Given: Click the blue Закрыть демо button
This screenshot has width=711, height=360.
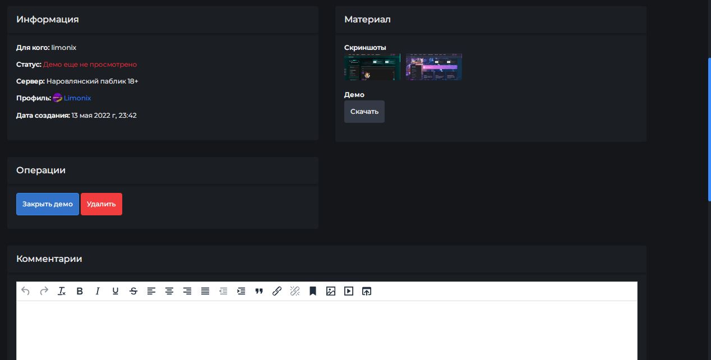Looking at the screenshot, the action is tap(48, 204).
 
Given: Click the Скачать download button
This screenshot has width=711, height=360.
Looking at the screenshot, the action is tap(364, 112).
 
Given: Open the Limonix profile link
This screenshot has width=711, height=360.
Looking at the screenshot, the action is tap(77, 98).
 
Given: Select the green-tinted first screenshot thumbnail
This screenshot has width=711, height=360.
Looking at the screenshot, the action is tap(372, 67).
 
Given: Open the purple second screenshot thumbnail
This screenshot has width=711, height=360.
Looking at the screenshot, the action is tap(434, 67).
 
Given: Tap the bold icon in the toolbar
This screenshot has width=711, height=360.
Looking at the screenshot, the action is tap(80, 291).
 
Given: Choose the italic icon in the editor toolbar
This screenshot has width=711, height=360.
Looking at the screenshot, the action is tap(98, 291).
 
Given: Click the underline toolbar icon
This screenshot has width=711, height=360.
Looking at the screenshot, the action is tap(116, 291).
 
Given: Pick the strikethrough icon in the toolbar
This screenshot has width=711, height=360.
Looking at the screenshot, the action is tap(133, 291).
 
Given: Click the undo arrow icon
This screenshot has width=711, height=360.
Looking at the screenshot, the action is tap(25, 291).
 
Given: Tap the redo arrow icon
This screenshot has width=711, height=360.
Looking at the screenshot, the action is tap(44, 291).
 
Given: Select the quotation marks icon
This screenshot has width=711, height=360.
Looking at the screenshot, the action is tap(259, 291).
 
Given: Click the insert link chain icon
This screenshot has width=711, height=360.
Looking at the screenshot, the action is tap(277, 291).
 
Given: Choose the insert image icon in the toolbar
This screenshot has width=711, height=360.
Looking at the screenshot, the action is tap(331, 291).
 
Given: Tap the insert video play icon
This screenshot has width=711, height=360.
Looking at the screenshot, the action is tap(349, 291).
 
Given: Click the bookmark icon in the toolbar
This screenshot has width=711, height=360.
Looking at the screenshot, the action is tap(313, 291).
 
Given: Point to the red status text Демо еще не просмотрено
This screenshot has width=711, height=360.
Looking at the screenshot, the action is tap(90, 64).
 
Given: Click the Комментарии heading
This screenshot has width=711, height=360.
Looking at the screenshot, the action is tap(49, 259).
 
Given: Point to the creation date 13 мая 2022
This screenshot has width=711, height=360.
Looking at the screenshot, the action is tap(91, 116).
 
